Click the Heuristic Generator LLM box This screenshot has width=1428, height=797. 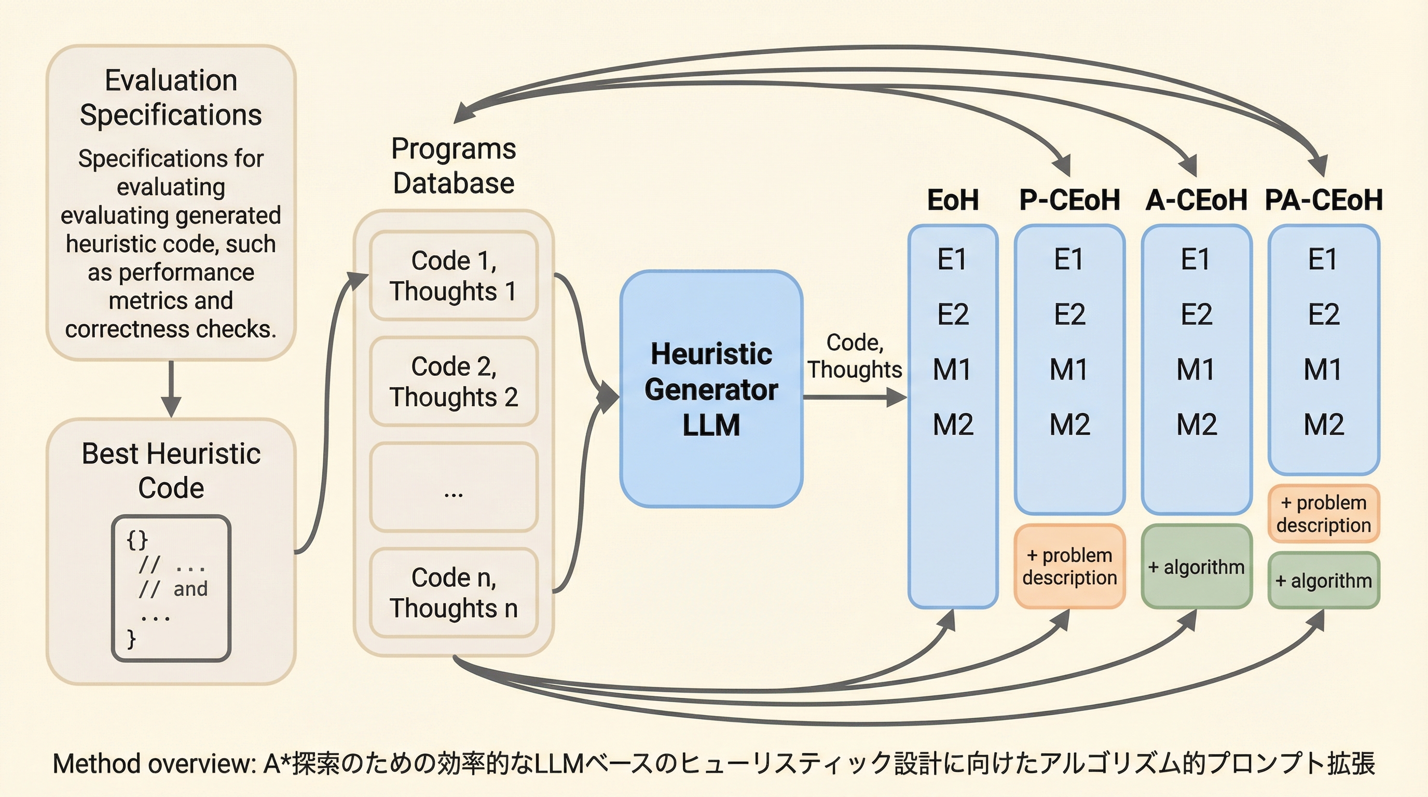pyautogui.click(x=711, y=389)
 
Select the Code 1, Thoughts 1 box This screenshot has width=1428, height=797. pyautogui.click(x=454, y=276)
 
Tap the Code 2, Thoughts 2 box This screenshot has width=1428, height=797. pyautogui.click(x=454, y=381)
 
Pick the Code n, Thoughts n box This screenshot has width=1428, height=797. pyautogui.click(x=454, y=593)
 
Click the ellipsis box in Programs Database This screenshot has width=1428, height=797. pyautogui.click(x=454, y=487)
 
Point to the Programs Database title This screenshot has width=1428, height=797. pyautogui.click(x=454, y=166)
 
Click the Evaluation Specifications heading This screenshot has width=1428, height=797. pyautogui.click(x=171, y=98)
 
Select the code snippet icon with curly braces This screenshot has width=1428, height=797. pyautogui.click(x=171, y=588)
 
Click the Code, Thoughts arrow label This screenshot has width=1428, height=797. pyautogui.click(x=854, y=356)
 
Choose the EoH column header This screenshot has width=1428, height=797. pyautogui.click(x=953, y=200)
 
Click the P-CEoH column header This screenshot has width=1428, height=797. pyautogui.click(x=1069, y=200)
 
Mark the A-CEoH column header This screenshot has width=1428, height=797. pyautogui.click(x=1196, y=200)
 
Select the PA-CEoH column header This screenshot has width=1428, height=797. pyautogui.click(x=1324, y=200)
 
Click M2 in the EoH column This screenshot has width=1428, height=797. pyautogui.click(x=953, y=424)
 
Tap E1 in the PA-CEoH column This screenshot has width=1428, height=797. pyautogui.click(x=1323, y=259)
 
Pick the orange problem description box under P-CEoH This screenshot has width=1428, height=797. pyautogui.click(x=1069, y=567)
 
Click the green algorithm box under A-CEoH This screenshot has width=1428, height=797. pyautogui.click(x=1196, y=567)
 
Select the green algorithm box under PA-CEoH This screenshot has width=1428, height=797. pyautogui.click(x=1323, y=580)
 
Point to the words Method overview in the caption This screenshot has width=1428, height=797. pyautogui.click(x=153, y=764)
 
